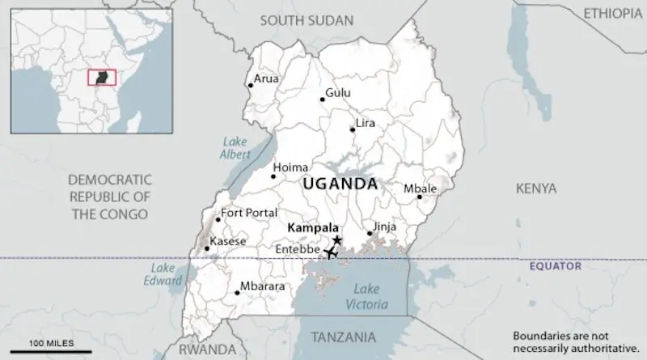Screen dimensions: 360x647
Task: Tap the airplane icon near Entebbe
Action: [x=330, y=253]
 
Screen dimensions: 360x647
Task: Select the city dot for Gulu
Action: [x=322, y=100]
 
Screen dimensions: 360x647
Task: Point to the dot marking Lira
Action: [x=353, y=129]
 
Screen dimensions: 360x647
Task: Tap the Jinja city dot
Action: [x=370, y=234]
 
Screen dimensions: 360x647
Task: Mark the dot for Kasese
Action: [x=206, y=248]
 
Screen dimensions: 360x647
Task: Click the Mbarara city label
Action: [x=263, y=286]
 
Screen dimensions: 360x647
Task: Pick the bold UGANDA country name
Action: [x=340, y=184]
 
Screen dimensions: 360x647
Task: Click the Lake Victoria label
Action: [x=366, y=296]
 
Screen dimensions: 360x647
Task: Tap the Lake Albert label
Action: [x=236, y=148]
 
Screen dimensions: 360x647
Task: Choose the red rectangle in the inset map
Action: [x=101, y=77]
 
